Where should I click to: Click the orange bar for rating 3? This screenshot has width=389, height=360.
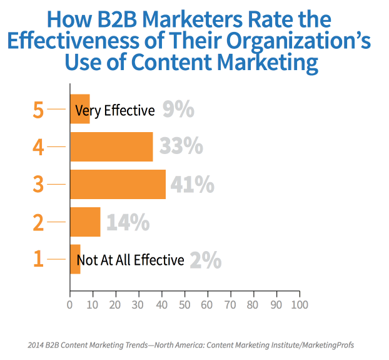click(x=118, y=185)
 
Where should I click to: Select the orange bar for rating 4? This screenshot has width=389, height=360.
click(x=111, y=147)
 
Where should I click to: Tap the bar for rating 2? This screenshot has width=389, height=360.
click(x=85, y=222)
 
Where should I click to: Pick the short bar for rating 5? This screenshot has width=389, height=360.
click(x=79, y=110)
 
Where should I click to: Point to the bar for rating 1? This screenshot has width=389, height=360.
click(x=75, y=259)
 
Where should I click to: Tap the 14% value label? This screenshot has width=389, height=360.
click(x=128, y=222)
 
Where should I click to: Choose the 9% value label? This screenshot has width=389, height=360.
click(x=178, y=110)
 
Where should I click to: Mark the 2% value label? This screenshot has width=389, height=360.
click(x=205, y=260)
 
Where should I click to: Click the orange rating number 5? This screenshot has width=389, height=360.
click(x=38, y=110)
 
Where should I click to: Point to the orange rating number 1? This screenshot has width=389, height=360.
click(x=38, y=260)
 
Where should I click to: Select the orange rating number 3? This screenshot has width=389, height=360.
click(x=38, y=185)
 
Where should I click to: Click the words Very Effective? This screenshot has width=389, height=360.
click(x=114, y=111)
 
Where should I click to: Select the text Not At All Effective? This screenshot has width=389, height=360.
click(x=130, y=260)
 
